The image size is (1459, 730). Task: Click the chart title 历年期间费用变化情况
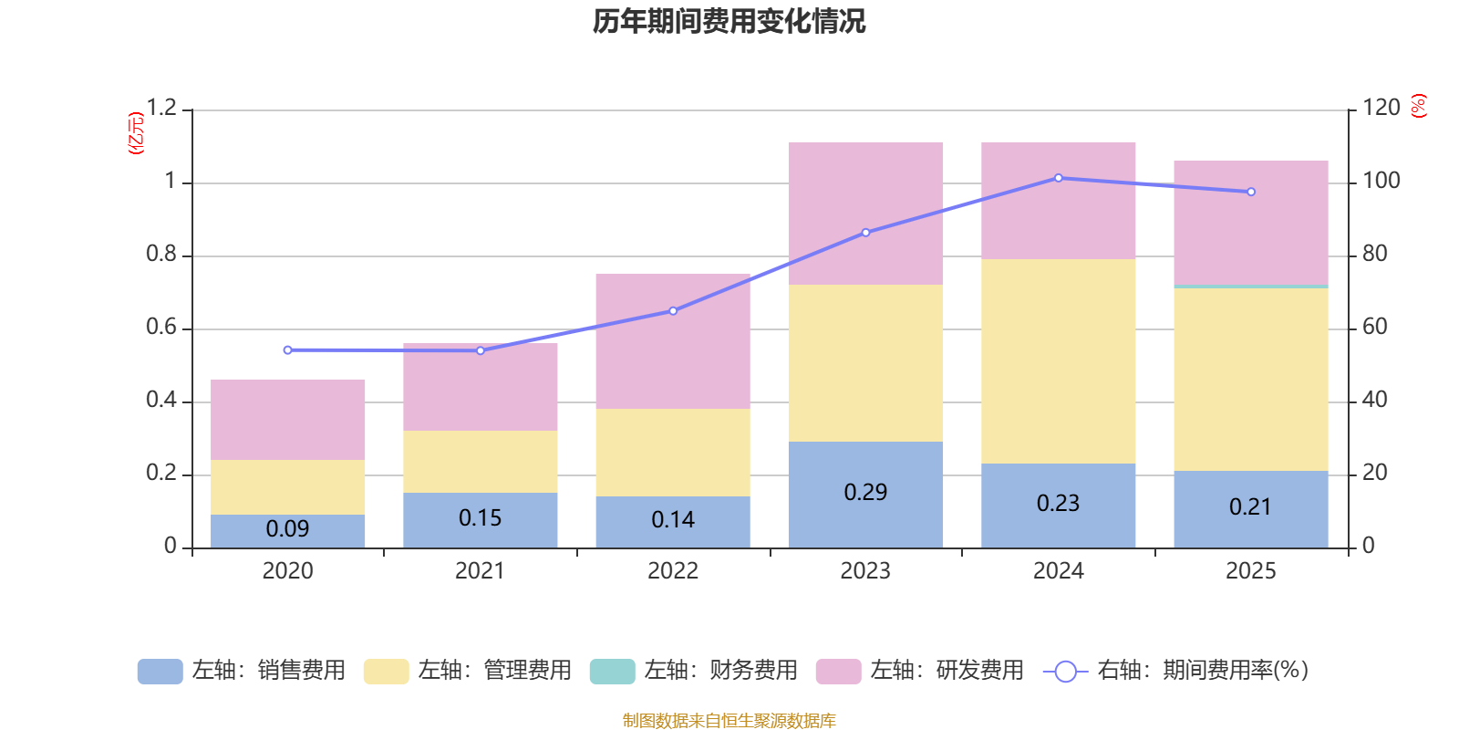[729, 21]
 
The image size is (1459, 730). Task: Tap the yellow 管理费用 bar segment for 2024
[1058, 361]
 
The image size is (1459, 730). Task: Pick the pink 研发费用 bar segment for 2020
[288, 420]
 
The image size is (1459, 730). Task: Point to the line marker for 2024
[1058, 178]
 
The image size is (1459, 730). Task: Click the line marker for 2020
[288, 349]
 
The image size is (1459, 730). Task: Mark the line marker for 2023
[865, 233]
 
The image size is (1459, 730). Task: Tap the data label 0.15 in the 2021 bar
[481, 518]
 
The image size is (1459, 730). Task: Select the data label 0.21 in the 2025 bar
[1250, 507]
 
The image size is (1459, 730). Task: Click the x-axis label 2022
[673, 571]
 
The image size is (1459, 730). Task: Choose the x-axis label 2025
[1250, 571]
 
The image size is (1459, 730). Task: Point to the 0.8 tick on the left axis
[161, 255]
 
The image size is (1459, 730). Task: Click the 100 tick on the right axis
[1381, 181]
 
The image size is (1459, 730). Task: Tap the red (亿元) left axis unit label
[136, 133]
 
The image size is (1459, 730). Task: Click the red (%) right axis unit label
[1418, 106]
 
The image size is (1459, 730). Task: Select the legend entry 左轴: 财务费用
[694, 671]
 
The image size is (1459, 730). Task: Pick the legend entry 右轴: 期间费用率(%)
[1176, 671]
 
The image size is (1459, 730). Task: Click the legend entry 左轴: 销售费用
[242, 671]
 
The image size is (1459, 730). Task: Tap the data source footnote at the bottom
[729, 721]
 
